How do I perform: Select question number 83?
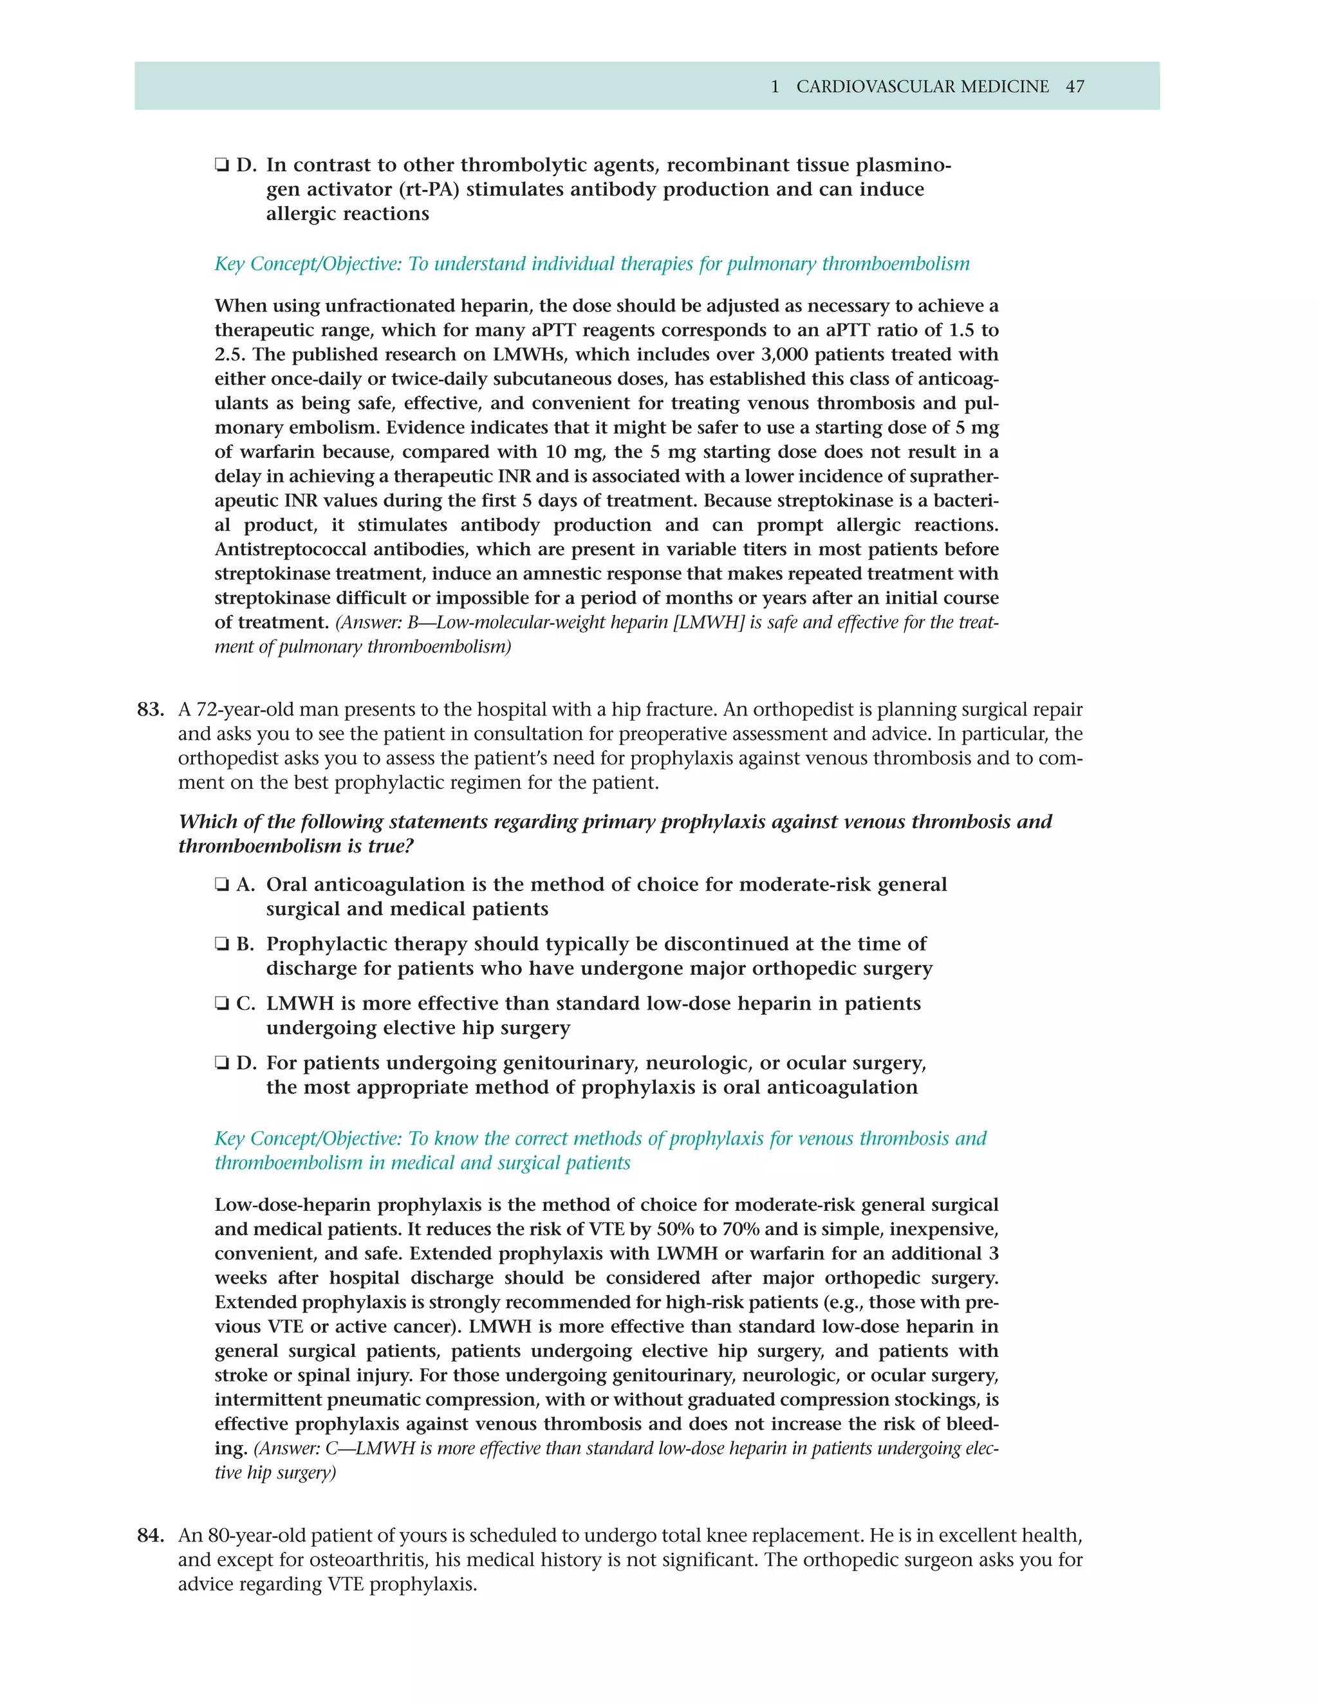click(150, 710)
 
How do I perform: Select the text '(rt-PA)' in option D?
click(429, 190)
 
